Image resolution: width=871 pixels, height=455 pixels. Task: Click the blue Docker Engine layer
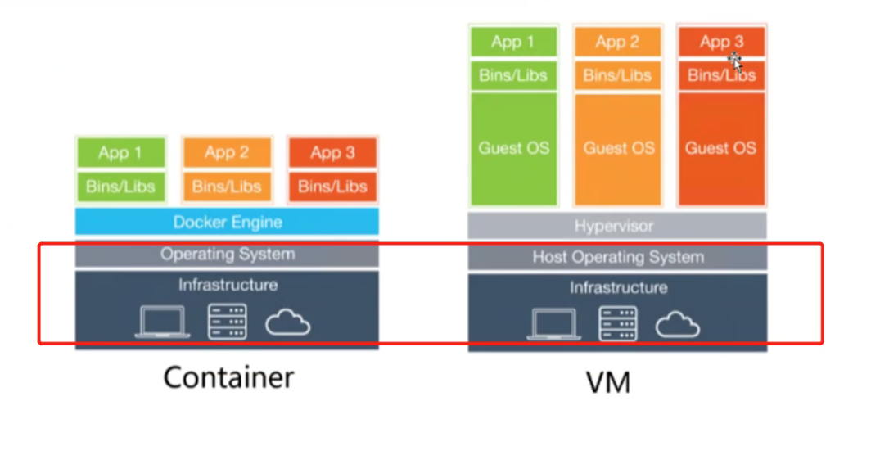[227, 222]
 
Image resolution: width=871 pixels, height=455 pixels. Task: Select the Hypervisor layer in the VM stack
[617, 225]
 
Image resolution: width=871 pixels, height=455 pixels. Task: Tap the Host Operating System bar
[617, 257]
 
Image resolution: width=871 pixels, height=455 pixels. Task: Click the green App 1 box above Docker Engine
[120, 152]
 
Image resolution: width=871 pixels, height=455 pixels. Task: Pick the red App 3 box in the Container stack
[332, 152]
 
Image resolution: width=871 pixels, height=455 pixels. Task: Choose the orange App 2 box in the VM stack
[617, 42]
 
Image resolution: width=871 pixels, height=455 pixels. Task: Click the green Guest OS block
[514, 148]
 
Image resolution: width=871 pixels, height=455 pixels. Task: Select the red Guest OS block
[721, 148]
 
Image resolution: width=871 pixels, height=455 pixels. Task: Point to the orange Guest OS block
[618, 148]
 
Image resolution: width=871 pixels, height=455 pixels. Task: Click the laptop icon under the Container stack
[162, 322]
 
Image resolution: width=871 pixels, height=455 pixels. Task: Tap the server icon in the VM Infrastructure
[618, 323]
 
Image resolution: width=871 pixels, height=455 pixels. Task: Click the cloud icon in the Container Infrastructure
[288, 322]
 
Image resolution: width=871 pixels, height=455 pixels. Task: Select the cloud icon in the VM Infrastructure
[677, 324]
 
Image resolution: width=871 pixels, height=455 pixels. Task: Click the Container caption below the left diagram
[228, 377]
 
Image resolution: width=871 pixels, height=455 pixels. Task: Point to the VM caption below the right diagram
[608, 383]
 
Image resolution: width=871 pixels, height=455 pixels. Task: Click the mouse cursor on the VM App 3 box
[735, 61]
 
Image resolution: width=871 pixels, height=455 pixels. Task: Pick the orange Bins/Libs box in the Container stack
[227, 187]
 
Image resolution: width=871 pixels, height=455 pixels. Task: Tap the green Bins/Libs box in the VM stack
[514, 75]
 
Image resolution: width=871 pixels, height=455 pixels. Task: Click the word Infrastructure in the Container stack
[228, 285]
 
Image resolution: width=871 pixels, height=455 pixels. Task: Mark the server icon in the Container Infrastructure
[227, 322]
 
